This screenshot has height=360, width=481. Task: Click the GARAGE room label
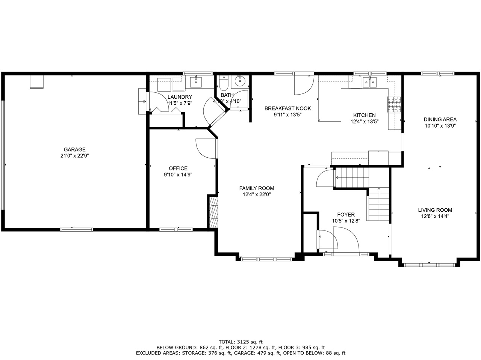coord(74,149)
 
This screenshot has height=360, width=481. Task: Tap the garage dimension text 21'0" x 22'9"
coord(74,155)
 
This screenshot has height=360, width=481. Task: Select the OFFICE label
coord(178,168)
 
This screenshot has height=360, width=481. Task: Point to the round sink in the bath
coord(239,81)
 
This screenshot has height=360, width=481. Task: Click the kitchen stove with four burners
coord(394,105)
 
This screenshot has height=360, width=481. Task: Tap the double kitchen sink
coord(370,82)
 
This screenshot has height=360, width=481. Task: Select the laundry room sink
coord(196,81)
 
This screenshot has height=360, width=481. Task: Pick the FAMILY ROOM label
coord(257,188)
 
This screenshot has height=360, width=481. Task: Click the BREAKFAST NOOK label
coord(287,108)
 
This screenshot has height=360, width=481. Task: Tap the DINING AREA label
coord(440,120)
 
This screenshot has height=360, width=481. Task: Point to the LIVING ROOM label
coord(435,210)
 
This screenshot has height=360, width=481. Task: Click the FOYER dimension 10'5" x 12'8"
coord(346,221)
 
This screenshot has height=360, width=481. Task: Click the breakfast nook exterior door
coord(303,85)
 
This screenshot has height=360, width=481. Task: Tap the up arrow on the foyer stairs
coord(379,190)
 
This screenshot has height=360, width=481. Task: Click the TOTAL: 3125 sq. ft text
coord(240,342)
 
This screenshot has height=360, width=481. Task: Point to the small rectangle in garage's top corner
coord(36,81)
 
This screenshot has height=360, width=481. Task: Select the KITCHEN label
coord(364,115)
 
